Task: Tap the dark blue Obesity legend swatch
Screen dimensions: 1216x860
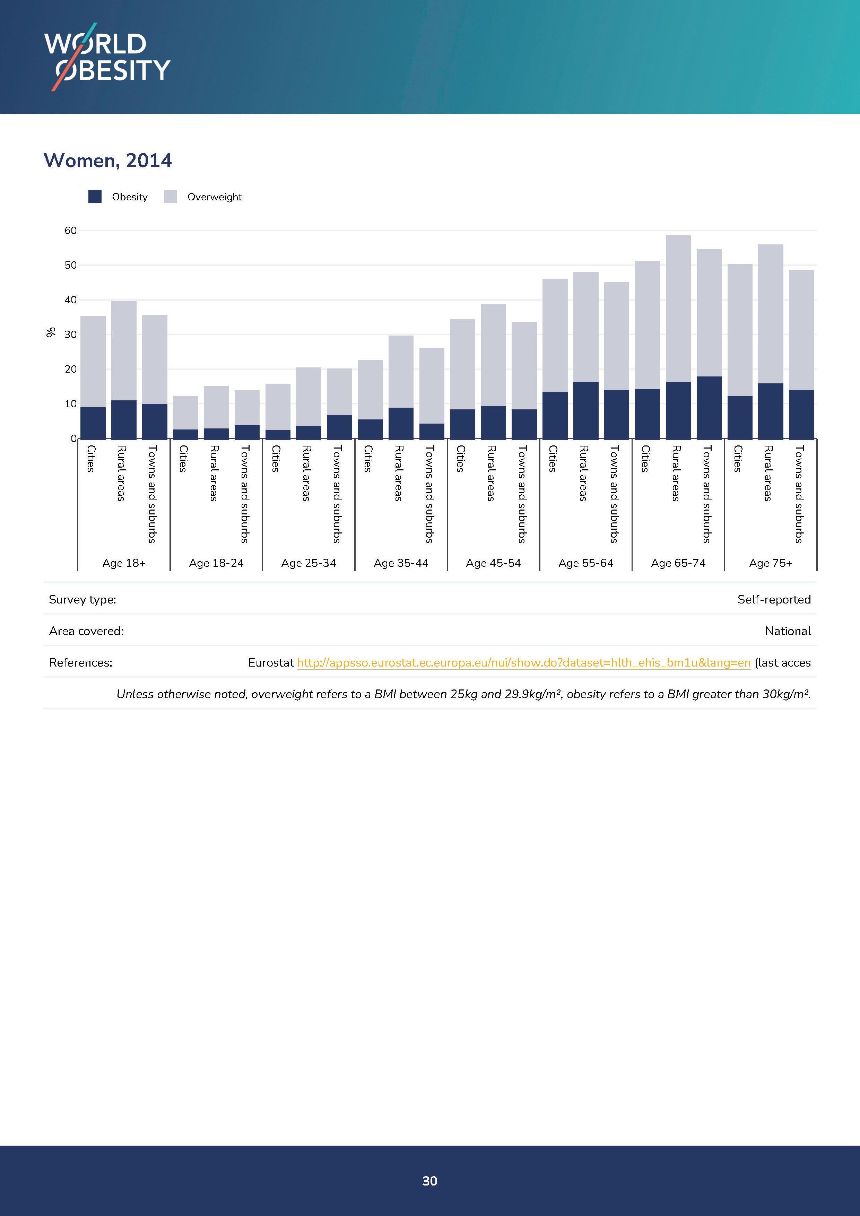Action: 95,197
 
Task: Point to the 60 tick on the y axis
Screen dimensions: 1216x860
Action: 70,231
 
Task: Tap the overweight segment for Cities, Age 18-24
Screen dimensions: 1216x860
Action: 185,412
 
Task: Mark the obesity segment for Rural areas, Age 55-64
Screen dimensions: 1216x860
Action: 586,410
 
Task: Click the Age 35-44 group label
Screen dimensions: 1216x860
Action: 401,563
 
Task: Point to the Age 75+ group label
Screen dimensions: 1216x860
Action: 771,563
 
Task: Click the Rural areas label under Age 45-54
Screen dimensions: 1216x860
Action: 491,473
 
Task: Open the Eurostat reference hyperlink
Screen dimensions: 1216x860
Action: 524,662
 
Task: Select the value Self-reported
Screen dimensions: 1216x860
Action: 774,600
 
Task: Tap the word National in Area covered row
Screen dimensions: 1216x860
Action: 788,631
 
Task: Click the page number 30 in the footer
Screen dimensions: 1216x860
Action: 430,1181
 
